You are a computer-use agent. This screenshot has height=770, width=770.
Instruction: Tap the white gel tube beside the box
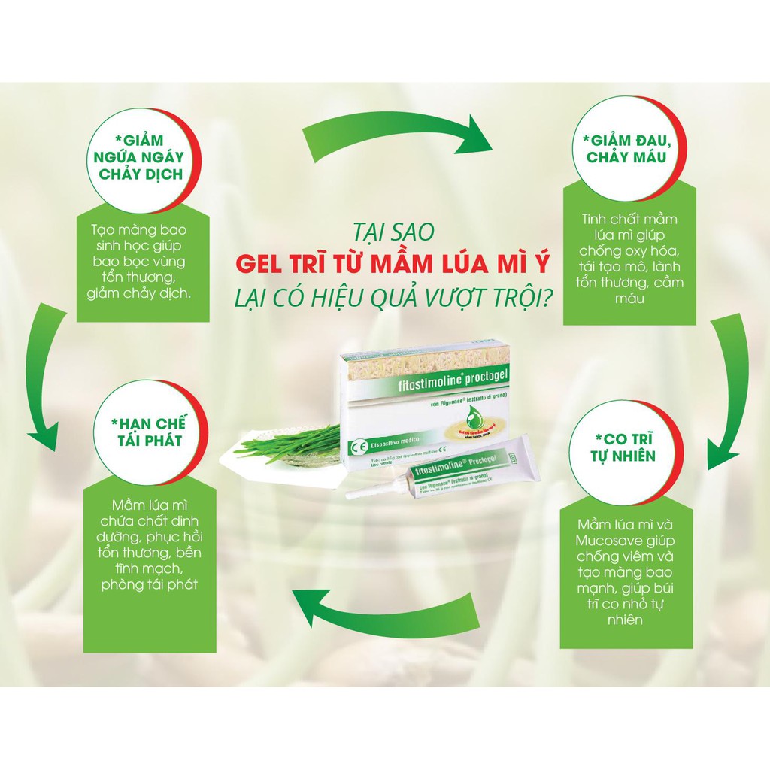466,474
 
